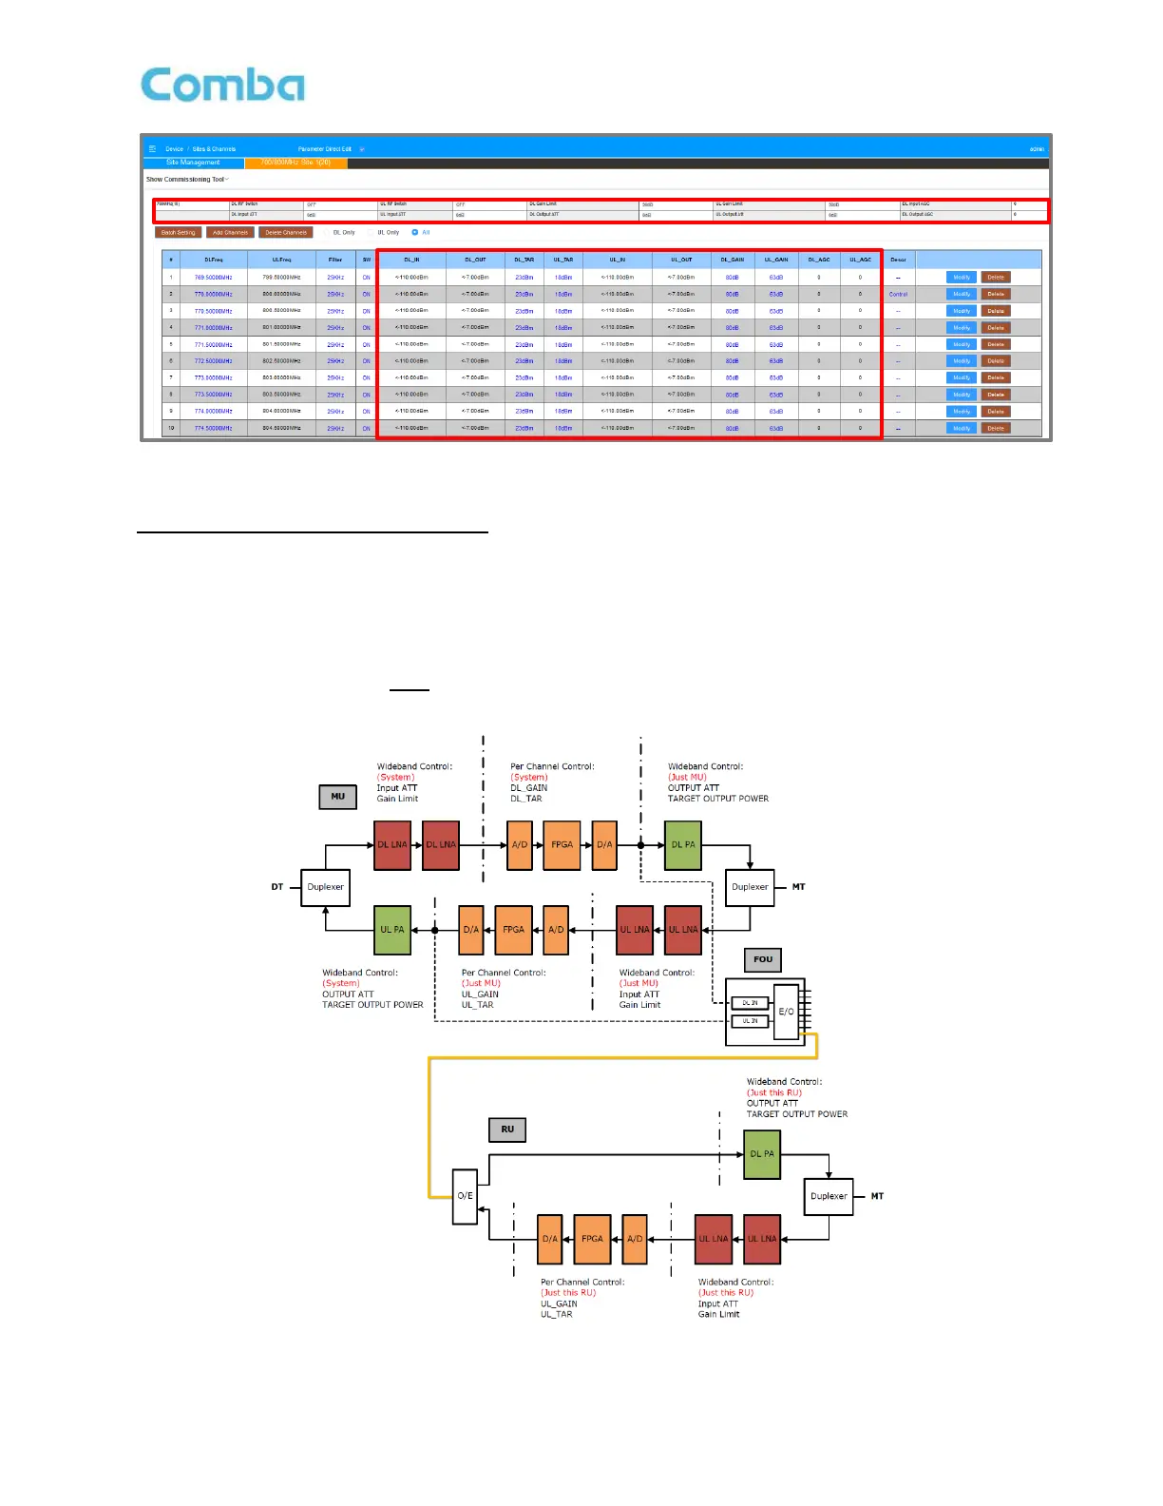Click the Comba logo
click(223, 86)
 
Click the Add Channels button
click(230, 232)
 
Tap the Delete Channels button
click(286, 232)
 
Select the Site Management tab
click(193, 163)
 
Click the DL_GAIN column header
click(732, 260)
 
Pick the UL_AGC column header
click(860, 260)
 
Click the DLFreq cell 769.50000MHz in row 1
click(213, 278)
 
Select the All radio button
click(415, 232)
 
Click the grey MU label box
click(337, 797)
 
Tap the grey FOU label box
click(763, 959)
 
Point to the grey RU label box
click(507, 1129)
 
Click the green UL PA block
click(392, 930)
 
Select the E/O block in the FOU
click(786, 1012)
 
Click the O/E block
click(465, 1196)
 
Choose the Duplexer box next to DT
click(325, 887)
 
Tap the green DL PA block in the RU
click(762, 1154)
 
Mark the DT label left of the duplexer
click(277, 887)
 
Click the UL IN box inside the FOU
click(750, 1021)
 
